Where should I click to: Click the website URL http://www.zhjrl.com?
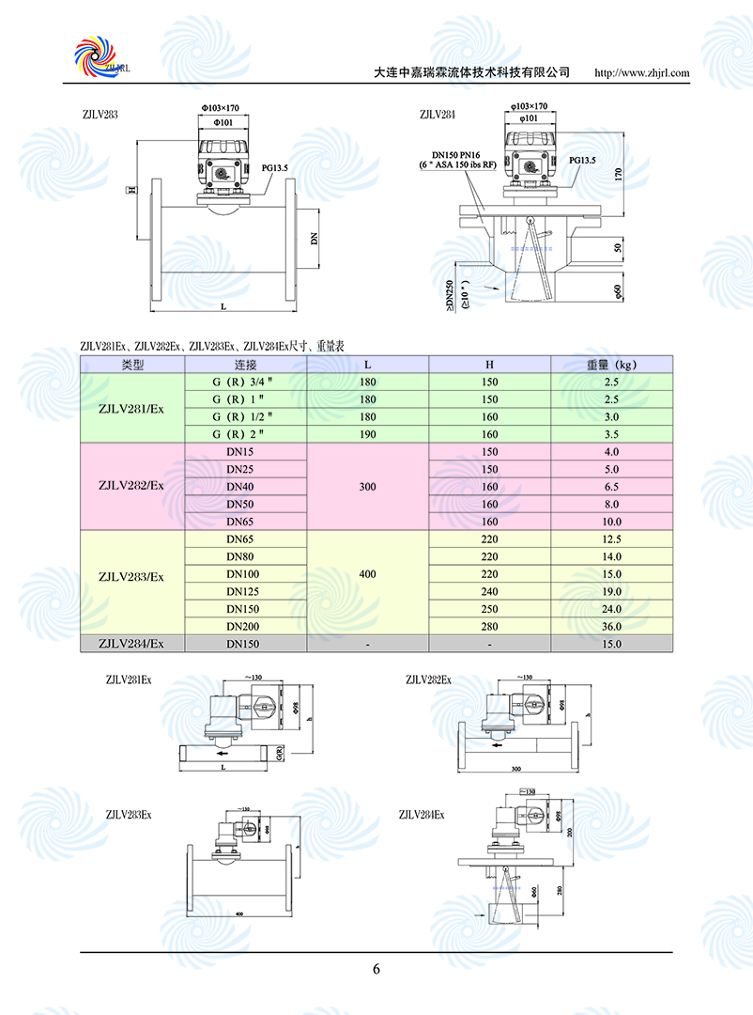click(642, 72)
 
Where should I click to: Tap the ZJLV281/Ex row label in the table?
click(131, 408)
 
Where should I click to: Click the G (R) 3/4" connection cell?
click(245, 382)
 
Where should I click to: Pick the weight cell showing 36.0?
click(611, 627)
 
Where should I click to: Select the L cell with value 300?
click(367, 487)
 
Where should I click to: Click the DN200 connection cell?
click(245, 627)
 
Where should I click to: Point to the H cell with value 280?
click(489, 627)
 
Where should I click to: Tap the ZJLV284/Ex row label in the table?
click(131, 644)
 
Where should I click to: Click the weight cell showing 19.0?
click(611, 592)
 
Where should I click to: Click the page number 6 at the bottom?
click(376, 970)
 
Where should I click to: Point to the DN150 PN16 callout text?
click(455, 154)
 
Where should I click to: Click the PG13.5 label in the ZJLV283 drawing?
click(275, 168)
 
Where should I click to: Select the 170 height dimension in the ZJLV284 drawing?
click(618, 174)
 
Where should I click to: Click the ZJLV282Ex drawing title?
click(428, 679)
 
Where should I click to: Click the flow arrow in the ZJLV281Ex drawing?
click(222, 753)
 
